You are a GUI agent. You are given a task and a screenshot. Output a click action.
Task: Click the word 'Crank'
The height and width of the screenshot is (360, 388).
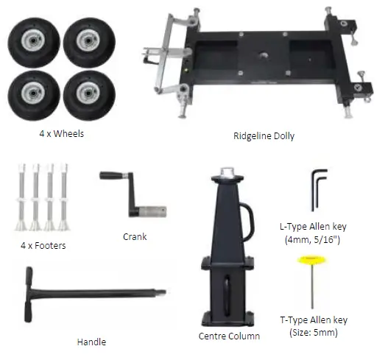coord(135,237)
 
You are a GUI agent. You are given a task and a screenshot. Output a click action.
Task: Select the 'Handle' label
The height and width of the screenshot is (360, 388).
coord(91,342)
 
